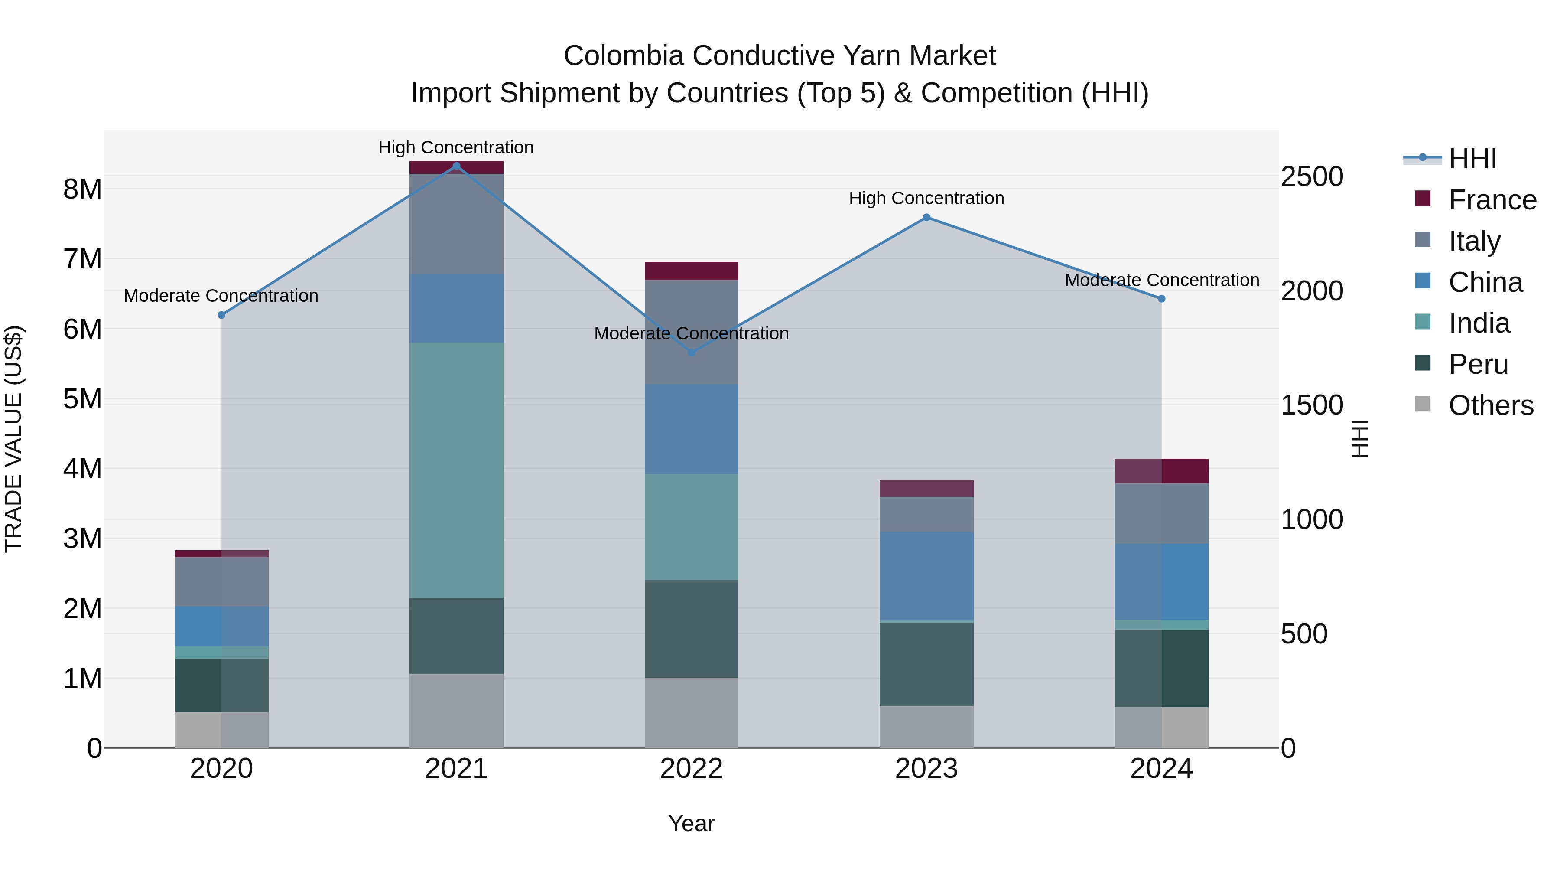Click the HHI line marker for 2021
457,166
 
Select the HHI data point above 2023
926,218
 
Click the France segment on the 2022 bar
691,271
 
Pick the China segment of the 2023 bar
926,576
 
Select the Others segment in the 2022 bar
691,712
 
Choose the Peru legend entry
1478,364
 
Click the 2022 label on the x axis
691,769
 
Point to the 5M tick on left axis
82,399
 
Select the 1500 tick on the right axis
1312,405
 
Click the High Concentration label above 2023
926,198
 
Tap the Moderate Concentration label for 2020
221,296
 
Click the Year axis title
691,823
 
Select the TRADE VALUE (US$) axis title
13,439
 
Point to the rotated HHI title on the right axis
1359,439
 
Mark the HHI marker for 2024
1161,299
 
